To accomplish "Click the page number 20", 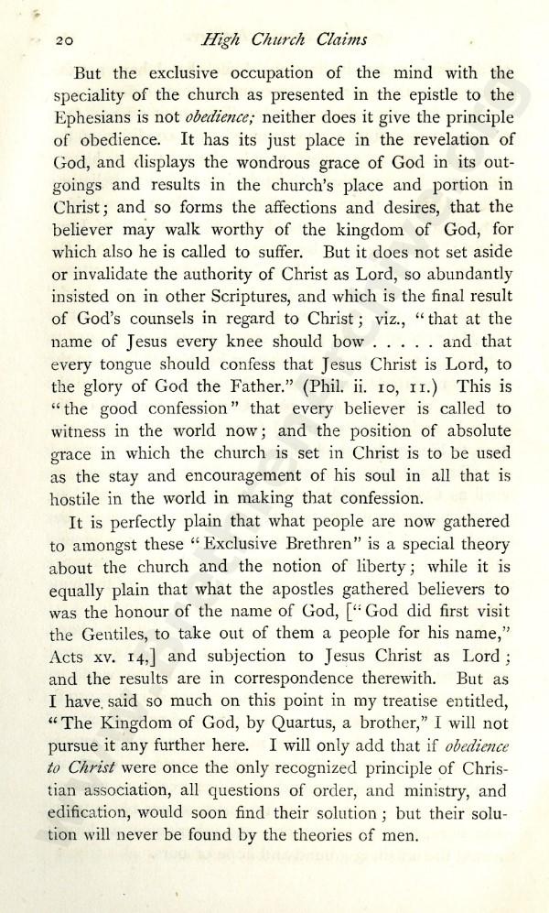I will [64, 40].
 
